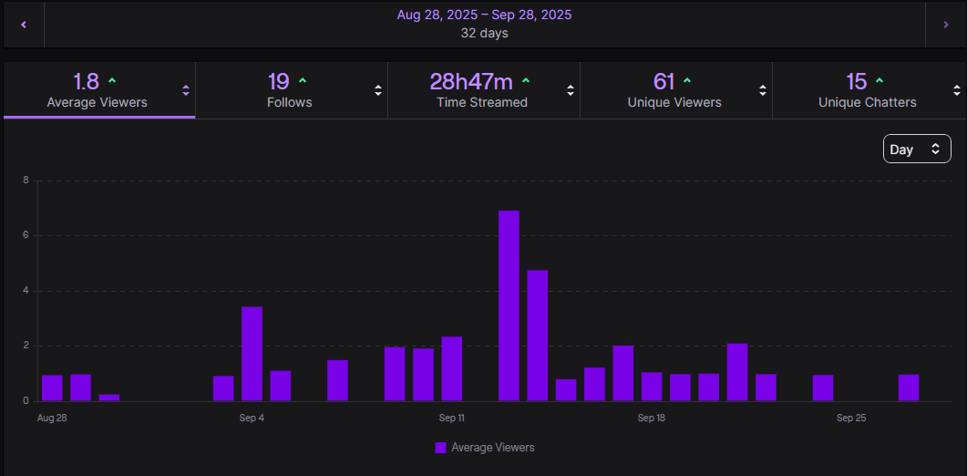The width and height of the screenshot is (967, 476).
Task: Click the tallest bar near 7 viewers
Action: point(509,305)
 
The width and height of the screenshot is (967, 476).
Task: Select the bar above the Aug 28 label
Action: point(52,388)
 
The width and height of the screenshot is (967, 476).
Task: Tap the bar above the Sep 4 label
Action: point(252,354)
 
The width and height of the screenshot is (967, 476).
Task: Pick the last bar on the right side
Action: point(908,388)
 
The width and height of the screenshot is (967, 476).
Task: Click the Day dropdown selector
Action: point(916,149)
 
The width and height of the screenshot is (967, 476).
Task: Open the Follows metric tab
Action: point(290,91)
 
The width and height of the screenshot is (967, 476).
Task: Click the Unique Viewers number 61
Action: point(664,82)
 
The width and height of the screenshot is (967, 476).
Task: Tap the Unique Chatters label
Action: point(867,103)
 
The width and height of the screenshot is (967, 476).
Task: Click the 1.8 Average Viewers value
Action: point(86,82)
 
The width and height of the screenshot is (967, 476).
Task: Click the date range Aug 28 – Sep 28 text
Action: point(484,16)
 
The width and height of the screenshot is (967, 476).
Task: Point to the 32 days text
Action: point(484,34)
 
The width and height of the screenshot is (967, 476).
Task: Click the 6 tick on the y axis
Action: point(26,235)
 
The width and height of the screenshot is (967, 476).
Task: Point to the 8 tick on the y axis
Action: point(26,181)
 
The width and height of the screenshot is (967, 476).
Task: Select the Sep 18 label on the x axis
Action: point(652,419)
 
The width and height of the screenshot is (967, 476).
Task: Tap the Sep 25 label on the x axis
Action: point(850,419)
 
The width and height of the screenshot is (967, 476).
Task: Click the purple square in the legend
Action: point(441,448)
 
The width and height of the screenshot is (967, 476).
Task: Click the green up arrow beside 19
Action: point(303,81)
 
